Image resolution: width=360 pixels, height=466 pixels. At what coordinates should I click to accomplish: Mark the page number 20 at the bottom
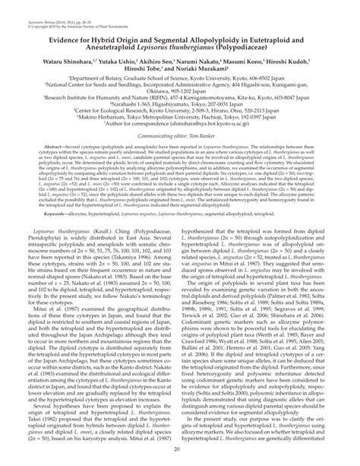pyautogui.click(x=180, y=452)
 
